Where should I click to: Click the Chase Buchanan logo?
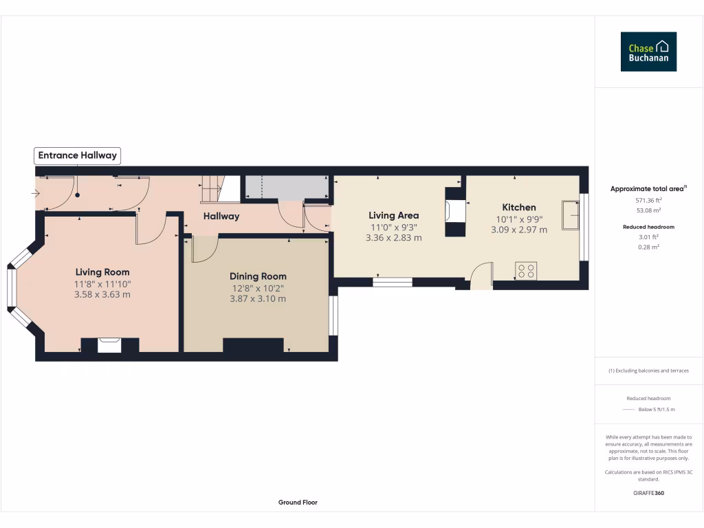(648, 52)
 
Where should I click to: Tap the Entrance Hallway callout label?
(77, 155)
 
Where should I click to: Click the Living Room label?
(102, 272)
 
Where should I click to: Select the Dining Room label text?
(258, 276)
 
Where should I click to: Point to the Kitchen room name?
(519, 208)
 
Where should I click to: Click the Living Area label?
(394, 215)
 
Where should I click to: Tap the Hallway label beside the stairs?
(221, 217)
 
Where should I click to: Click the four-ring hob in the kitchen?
(527, 271)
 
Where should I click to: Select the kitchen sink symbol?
(570, 215)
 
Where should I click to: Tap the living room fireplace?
(109, 344)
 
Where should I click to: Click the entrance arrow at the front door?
(36, 194)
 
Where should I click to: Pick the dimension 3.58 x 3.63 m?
(102, 294)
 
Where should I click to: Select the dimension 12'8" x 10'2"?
(258, 288)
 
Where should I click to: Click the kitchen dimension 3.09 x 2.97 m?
(519, 230)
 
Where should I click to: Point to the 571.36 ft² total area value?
(649, 200)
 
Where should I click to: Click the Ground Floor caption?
(298, 503)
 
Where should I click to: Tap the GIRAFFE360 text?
(649, 493)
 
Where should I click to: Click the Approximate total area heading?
(648, 189)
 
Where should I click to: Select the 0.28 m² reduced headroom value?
(649, 246)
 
